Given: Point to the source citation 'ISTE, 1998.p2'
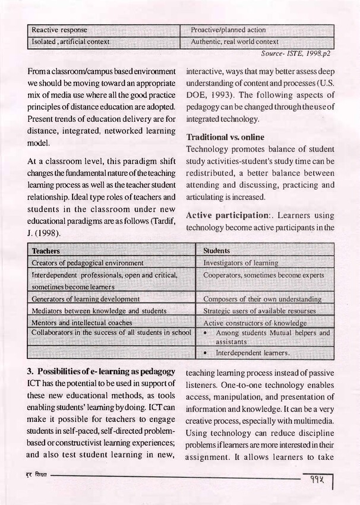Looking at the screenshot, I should tap(292, 53).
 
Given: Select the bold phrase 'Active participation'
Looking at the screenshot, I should tap(231, 214).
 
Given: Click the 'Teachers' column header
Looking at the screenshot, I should tap(46, 251).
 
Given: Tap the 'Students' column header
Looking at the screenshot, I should tap(217, 251).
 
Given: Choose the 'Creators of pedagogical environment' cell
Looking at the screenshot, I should tap(87, 263).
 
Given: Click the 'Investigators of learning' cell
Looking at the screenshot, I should tap(241, 263).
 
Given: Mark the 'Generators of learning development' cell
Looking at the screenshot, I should tap(86, 299).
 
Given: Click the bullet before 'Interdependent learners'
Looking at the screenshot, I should tap(205, 353).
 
